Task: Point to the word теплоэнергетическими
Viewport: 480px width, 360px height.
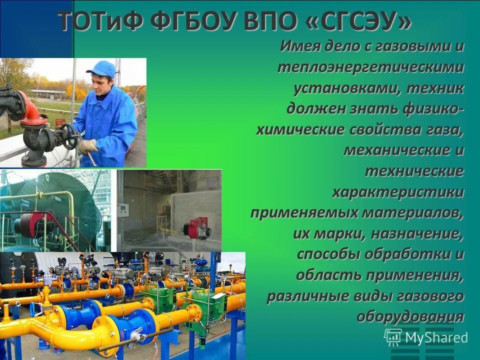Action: click(x=370, y=68)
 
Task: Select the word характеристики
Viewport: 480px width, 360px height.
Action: click(x=398, y=192)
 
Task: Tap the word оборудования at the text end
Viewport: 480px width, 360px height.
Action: click(x=410, y=316)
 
